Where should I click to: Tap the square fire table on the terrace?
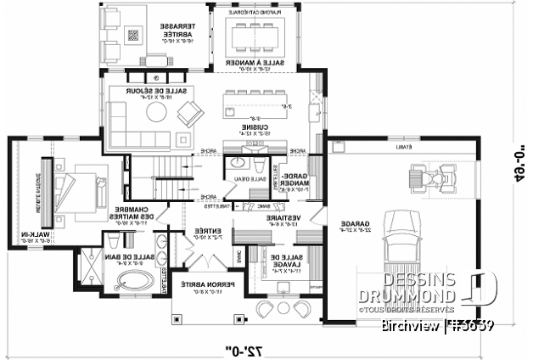click(133, 35)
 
